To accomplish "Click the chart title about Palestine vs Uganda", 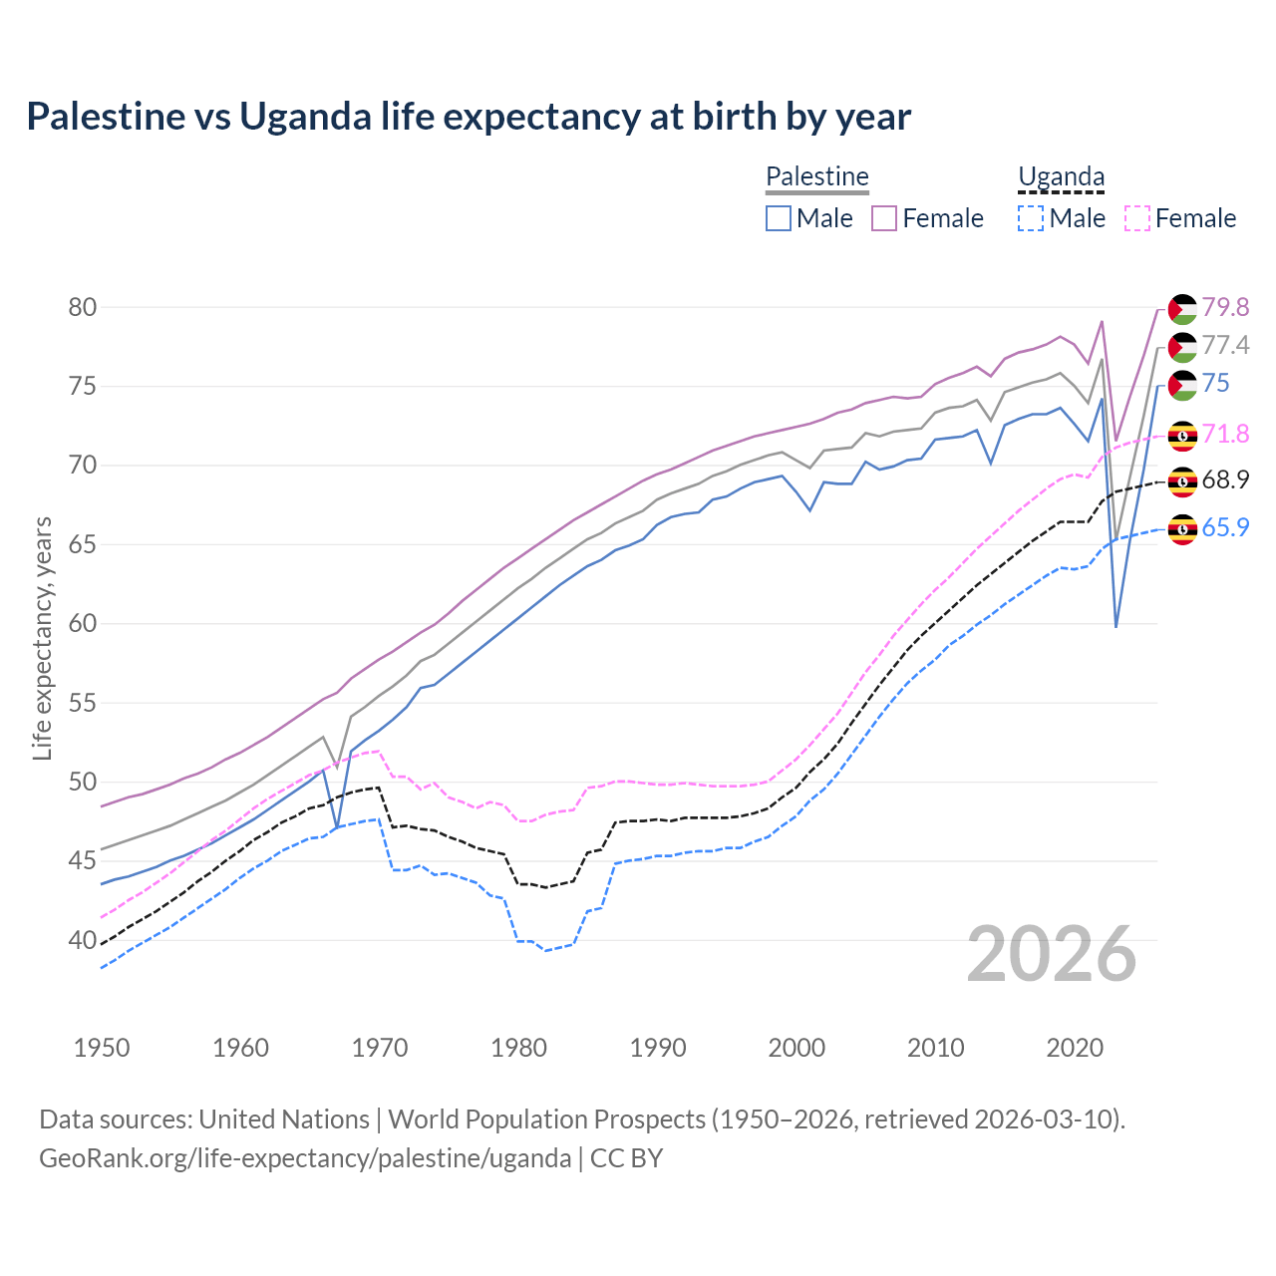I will (x=469, y=117).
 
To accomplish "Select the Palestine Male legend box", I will (x=779, y=218).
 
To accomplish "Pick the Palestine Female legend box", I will (x=884, y=218).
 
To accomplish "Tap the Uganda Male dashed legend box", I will (x=1031, y=218).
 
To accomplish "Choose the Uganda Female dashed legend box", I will (x=1136, y=218).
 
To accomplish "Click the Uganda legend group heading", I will (x=1061, y=177).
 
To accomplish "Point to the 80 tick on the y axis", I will (x=83, y=307).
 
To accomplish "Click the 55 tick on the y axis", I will (x=83, y=703).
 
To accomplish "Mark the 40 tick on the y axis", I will (x=83, y=940).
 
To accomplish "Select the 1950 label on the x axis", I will (x=102, y=1048).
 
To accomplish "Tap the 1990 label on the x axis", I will (x=658, y=1048).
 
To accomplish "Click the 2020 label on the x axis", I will (x=1075, y=1048).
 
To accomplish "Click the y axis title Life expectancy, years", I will (x=42, y=638).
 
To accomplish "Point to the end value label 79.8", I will (x=1225, y=307).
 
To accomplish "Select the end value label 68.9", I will (x=1225, y=479).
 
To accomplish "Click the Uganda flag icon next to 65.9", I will (x=1182, y=529).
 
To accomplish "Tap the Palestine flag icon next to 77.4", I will (x=1182, y=347).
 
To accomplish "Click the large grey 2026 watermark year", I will (x=1052, y=955).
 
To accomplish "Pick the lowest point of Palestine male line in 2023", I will (x=1116, y=626).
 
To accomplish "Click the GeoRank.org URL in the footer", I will (x=305, y=1158).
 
